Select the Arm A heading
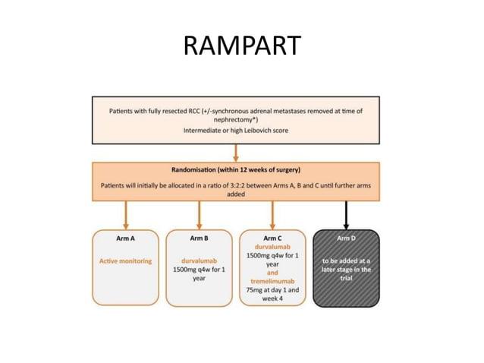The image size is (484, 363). click(126, 238)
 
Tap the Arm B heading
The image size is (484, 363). click(200, 238)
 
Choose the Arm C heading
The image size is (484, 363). click(272, 237)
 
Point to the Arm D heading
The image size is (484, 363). click(346, 238)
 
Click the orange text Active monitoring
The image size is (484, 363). click(126, 261)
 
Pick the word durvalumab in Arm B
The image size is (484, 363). click(200, 261)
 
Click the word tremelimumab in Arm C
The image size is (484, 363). click(272, 281)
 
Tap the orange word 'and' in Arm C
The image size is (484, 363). click(272, 273)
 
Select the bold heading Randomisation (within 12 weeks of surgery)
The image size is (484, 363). click(236, 170)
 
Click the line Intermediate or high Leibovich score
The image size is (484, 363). click(235, 131)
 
